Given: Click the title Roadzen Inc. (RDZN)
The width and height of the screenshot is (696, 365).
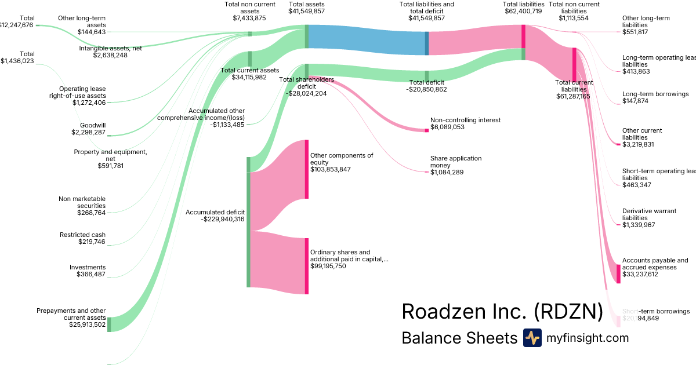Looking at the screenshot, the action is [x=502, y=312].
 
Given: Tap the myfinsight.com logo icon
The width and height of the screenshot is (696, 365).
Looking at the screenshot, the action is [x=532, y=338].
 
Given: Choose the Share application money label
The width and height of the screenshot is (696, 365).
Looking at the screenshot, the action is [x=456, y=165].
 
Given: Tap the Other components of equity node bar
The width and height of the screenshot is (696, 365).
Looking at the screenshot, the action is [x=307, y=169].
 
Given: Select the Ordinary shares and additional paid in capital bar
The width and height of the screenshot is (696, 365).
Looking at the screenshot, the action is [x=307, y=266].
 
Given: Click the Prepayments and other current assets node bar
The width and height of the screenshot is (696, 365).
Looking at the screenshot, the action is [x=108, y=324].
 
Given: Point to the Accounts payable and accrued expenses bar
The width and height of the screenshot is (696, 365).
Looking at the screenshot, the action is [x=618, y=273].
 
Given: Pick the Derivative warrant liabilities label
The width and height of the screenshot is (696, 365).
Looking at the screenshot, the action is [x=650, y=218].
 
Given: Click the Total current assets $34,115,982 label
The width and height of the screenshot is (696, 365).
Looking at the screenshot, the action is [x=249, y=74].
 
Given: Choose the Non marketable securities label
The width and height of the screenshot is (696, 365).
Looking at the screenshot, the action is [x=82, y=206].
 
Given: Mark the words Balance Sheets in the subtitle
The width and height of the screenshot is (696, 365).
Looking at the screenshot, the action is [x=459, y=338].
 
